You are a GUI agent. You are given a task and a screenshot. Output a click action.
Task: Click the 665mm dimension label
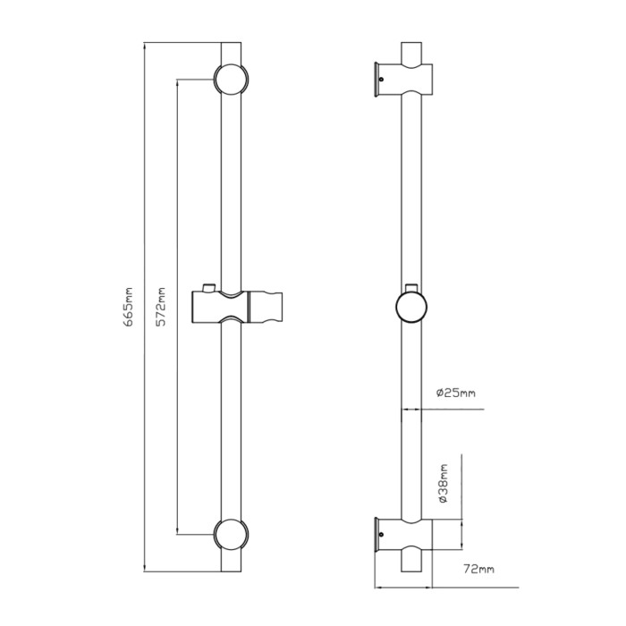(x=128, y=307)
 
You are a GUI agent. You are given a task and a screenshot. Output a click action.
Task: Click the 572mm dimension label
(x=160, y=307)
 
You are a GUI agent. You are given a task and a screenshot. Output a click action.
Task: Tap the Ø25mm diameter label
(x=455, y=393)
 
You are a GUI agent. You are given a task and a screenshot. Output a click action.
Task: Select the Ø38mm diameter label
(x=443, y=484)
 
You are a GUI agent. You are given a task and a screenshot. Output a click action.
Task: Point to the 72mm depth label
(x=478, y=569)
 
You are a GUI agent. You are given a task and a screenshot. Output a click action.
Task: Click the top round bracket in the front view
(x=231, y=79)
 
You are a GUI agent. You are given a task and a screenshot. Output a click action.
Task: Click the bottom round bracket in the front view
(x=231, y=535)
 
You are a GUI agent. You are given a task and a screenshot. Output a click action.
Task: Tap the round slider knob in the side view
(x=411, y=307)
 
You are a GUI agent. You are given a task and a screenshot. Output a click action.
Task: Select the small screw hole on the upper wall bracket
(x=381, y=79)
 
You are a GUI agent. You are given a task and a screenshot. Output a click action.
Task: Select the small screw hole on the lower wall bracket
(x=381, y=535)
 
